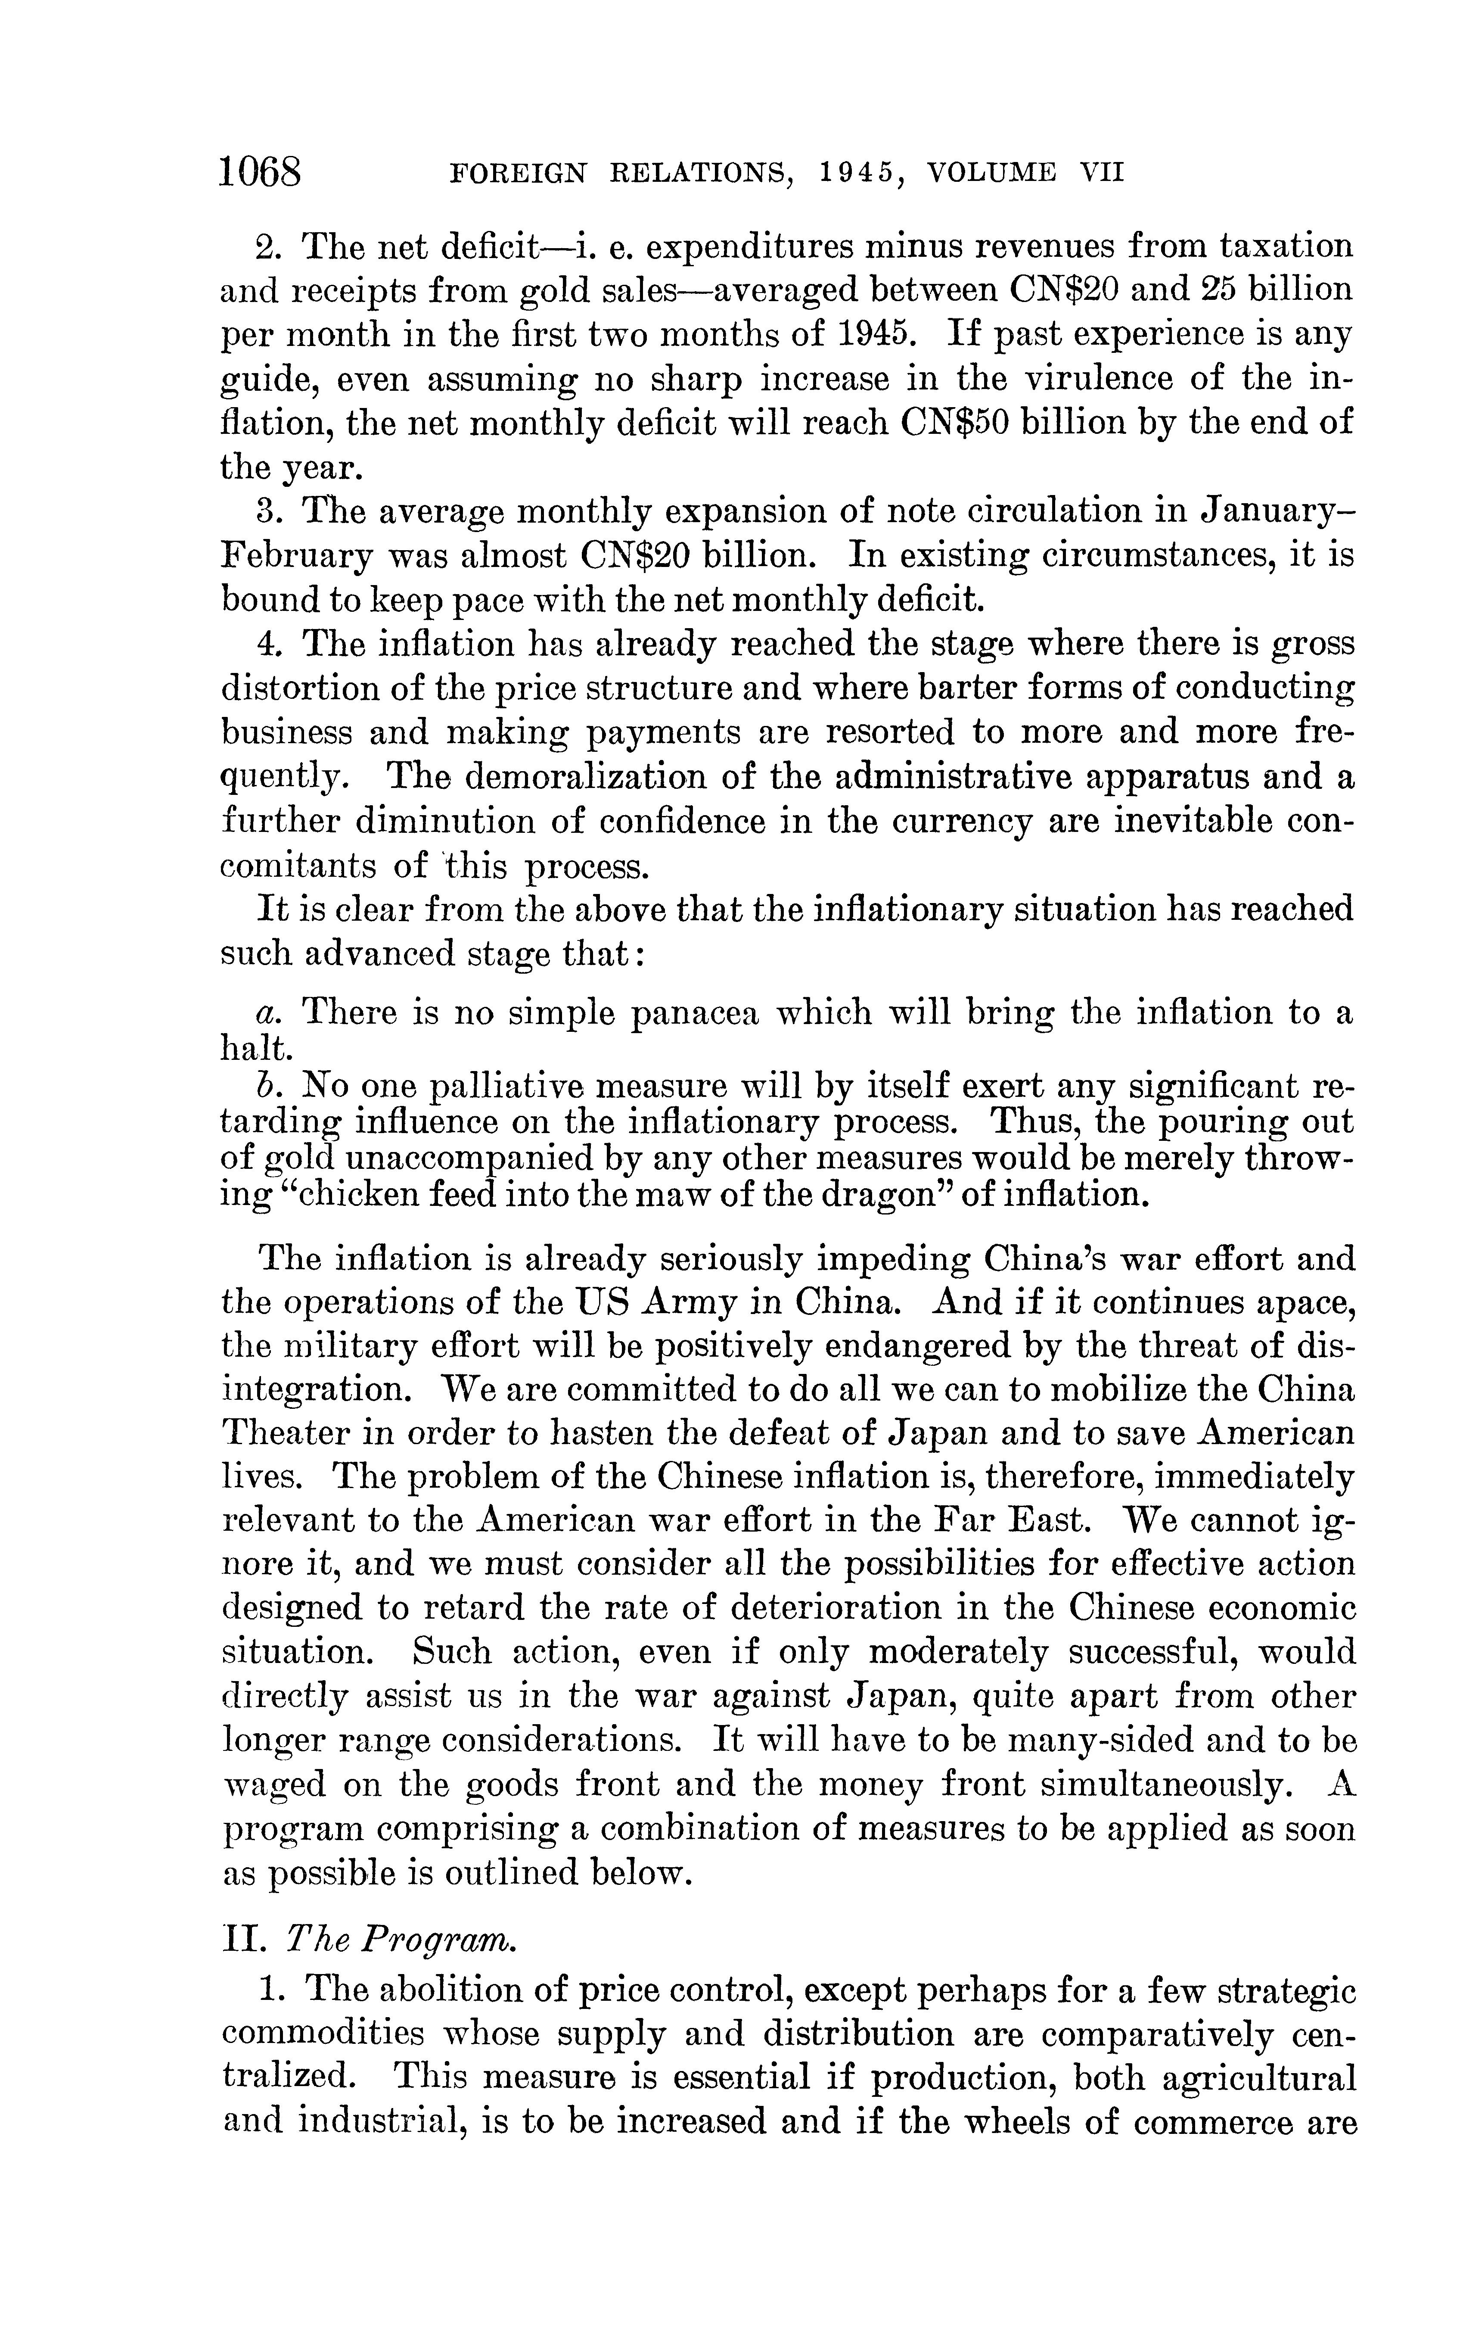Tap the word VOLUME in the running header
993,173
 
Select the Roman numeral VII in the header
1101,173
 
